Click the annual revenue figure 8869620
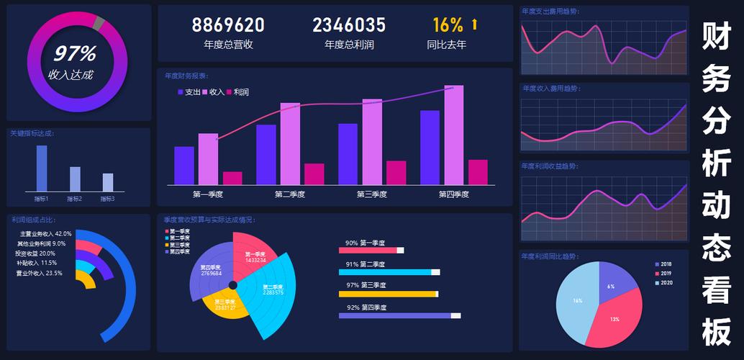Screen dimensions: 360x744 pyautogui.click(x=228, y=26)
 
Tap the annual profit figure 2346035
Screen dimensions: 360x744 pyautogui.click(x=349, y=26)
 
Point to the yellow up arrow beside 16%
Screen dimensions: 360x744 pyautogui.click(x=474, y=25)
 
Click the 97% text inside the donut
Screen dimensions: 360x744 pyautogui.click(x=75, y=54)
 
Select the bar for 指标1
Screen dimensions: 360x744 pyautogui.click(x=42, y=168)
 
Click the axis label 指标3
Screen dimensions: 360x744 pyautogui.click(x=107, y=199)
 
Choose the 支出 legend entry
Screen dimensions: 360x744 pyautogui.click(x=189, y=92)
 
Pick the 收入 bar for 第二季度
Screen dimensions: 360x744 pyautogui.click(x=290, y=144)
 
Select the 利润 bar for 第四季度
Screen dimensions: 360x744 pyautogui.click(x=478, y=172)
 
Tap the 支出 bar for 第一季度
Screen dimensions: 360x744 pyautogui.click(x=184, y=166)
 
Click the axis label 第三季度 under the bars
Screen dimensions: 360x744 pyautogui.click(x=372, y=194)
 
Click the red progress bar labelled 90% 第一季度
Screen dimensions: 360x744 pyautogui.click(x=368, y=251)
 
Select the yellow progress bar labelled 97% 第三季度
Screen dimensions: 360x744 pyautogui.click(x=387, y=294)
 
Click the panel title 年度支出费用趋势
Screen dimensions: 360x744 pyautogui.click(x=551, y=11)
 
